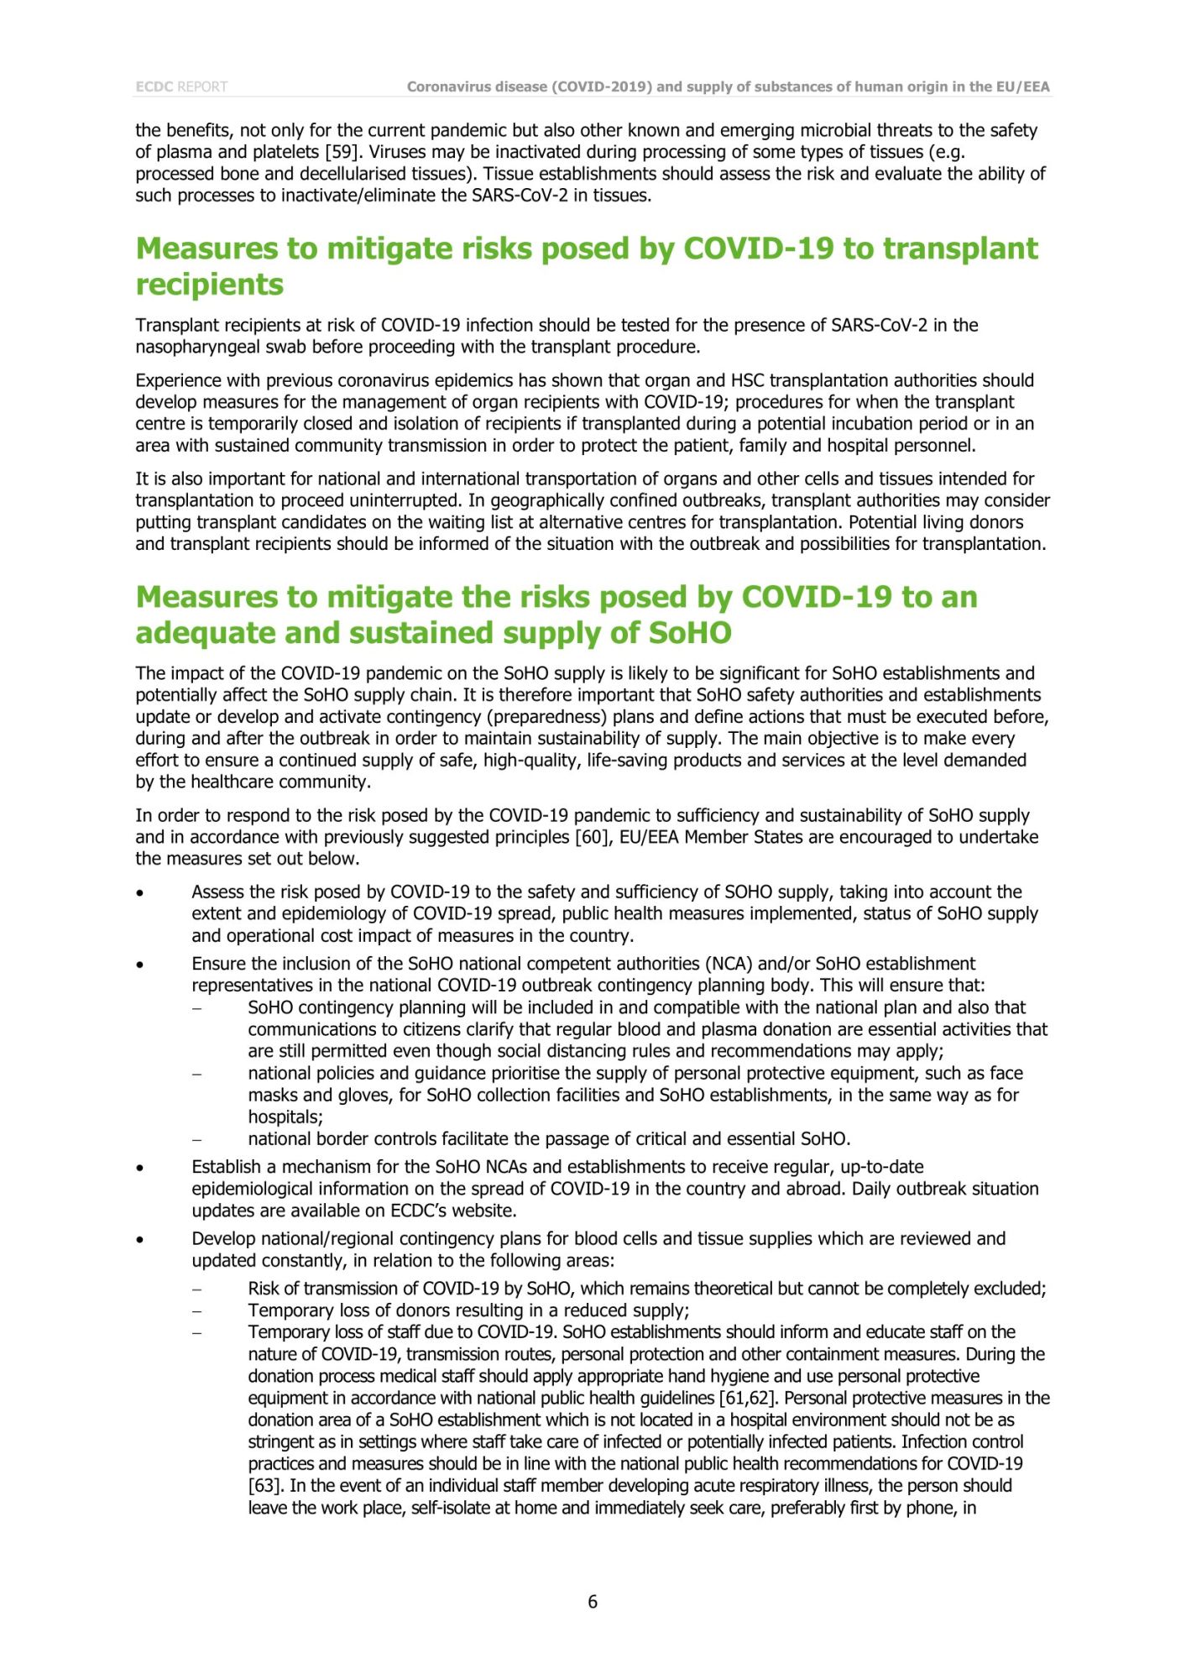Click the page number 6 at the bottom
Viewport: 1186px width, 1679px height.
point(593,1601)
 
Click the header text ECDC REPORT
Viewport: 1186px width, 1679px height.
point(181,86)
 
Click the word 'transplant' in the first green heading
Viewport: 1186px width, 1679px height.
point(960,248)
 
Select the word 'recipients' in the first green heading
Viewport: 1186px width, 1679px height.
point(210,285)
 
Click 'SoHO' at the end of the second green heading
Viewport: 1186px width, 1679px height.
point(690,633)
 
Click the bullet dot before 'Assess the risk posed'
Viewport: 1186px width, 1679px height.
point(140,893)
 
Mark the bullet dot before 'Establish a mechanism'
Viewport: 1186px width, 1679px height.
point(140,1168)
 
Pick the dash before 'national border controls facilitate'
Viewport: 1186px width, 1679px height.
point(196,1139)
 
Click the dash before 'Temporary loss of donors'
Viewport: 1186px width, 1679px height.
point(196,1310)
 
